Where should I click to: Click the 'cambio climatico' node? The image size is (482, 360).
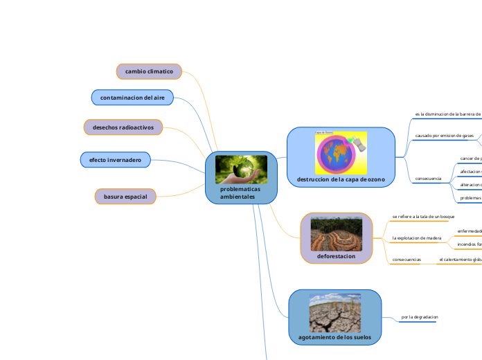coord(149,71)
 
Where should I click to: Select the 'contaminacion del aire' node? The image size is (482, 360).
coord(132,98)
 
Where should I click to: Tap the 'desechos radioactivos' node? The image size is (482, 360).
coord(123,127)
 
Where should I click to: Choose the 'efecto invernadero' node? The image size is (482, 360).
coord(115,160)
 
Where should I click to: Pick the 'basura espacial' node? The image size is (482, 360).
coord(125,197)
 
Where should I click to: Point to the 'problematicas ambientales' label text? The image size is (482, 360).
coord(238,192)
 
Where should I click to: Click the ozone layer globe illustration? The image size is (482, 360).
coord(340,152)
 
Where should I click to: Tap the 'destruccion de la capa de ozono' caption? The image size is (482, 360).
coord(341,179)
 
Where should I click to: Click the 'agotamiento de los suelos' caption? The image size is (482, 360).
coord(334,337)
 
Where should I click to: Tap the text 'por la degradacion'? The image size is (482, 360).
coord(420,318)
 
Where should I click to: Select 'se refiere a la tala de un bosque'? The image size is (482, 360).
coord(423,217)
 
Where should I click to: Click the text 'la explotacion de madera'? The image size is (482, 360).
coord(417,238)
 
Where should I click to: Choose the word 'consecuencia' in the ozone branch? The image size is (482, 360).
coord(428,179)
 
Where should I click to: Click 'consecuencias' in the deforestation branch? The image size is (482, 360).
coord(407,260)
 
